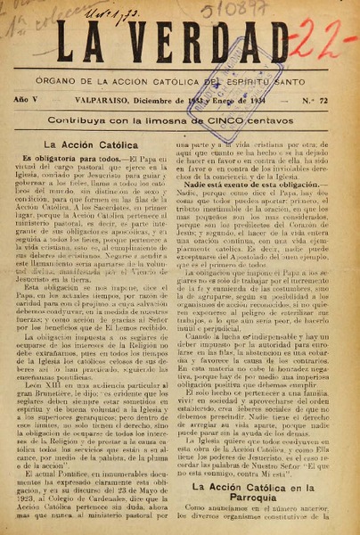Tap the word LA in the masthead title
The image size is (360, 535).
click(79, 43)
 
